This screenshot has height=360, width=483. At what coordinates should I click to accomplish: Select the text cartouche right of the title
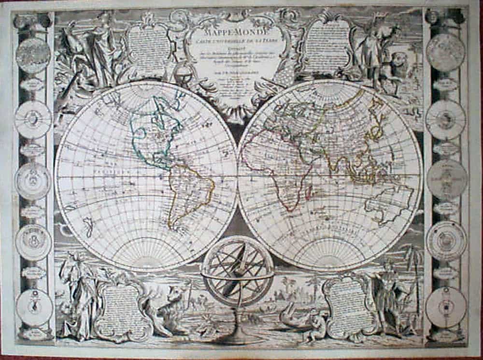click(324, 43)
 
